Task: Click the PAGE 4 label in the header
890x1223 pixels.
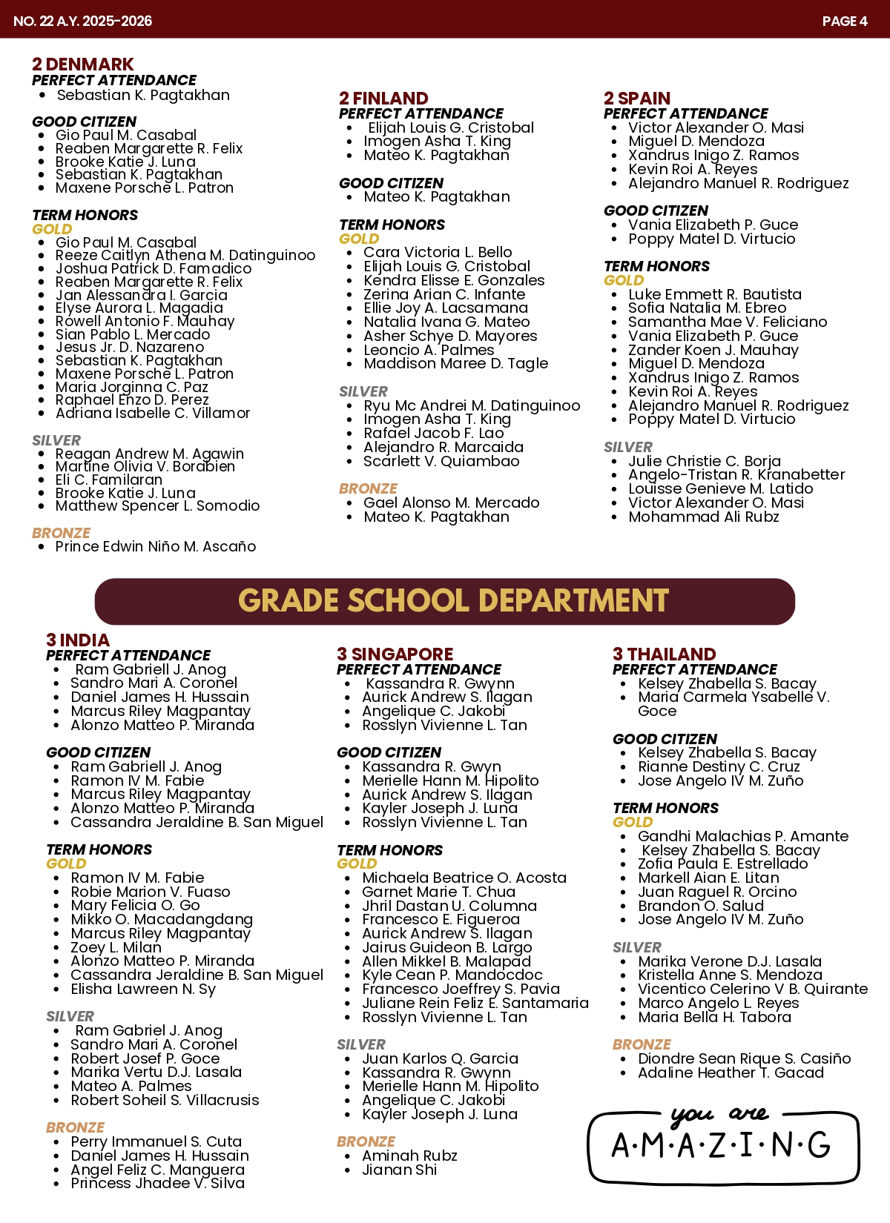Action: [x=844, y=21]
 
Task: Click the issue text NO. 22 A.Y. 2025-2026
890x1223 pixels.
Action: [x=82, y=21]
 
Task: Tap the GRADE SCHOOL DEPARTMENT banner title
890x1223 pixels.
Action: [x=453, y=601]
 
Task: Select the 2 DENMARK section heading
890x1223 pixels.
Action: [x=82, y=64]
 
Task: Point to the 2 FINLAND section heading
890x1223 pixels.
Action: [x=383, y=99]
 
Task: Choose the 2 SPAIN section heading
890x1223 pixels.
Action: [x=637, y=99]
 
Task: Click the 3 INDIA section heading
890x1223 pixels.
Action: [x=77, y=640]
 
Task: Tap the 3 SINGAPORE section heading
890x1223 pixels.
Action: [x=395, y=654]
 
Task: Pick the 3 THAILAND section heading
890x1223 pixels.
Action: [x=664, y=654]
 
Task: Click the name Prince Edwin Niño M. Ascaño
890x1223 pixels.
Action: [x=156, y=546]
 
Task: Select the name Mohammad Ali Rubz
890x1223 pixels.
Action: [x=703, y=517]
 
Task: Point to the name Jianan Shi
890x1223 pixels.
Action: [x=399, y=1170]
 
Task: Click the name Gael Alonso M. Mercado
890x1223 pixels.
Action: [x=451, y=503]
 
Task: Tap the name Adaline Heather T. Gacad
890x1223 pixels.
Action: [x=731, y=1073]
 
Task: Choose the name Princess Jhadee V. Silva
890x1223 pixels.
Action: [x=157, y=1183]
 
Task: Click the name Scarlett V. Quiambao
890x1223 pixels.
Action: [x=441, y=461]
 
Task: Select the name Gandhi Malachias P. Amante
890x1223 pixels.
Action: [x=742, y=836]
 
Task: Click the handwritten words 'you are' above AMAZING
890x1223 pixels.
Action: [x=719, y=1114]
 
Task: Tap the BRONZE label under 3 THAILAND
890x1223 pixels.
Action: [x=642, y=1044]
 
